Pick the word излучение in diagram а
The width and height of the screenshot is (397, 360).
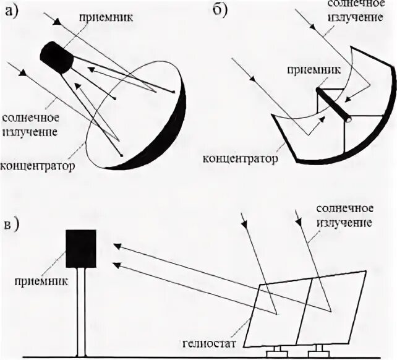coord(31,132)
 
